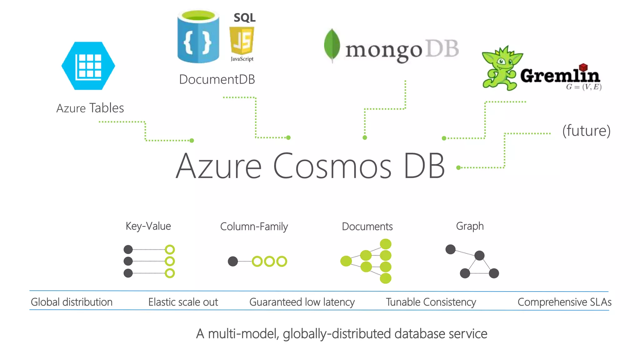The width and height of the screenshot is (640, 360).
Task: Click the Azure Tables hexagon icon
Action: coord(88,66)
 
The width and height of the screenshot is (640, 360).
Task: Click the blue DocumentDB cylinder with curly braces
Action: coord(198,37)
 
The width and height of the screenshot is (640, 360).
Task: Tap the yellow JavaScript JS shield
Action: coord(242,41)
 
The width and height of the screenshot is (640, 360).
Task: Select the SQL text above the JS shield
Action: coord(244,17)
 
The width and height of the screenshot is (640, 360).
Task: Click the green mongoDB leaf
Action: coord(332,45)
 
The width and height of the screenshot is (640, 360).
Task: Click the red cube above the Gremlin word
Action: coord(583,67)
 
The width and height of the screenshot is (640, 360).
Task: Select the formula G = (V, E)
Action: coord(583,87)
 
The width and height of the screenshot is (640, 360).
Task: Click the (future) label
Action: coord(586,131)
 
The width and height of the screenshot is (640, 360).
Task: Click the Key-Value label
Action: coord(148,226)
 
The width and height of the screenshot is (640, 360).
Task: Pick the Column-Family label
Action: coord(254,227)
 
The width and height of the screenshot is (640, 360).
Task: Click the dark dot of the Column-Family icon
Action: coord(233,261)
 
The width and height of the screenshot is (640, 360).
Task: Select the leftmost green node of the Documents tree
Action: coord(346,261)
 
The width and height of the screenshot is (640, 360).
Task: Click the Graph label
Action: coord(470,226)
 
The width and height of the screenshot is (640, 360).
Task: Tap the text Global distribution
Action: coord(72,302)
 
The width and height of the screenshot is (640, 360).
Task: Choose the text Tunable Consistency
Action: coord(431,302)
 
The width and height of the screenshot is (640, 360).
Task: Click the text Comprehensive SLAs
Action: coord(564,302)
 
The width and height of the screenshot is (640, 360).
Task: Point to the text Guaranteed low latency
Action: coord(302,302)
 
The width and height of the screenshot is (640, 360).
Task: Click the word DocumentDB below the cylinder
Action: coord(217,79)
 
